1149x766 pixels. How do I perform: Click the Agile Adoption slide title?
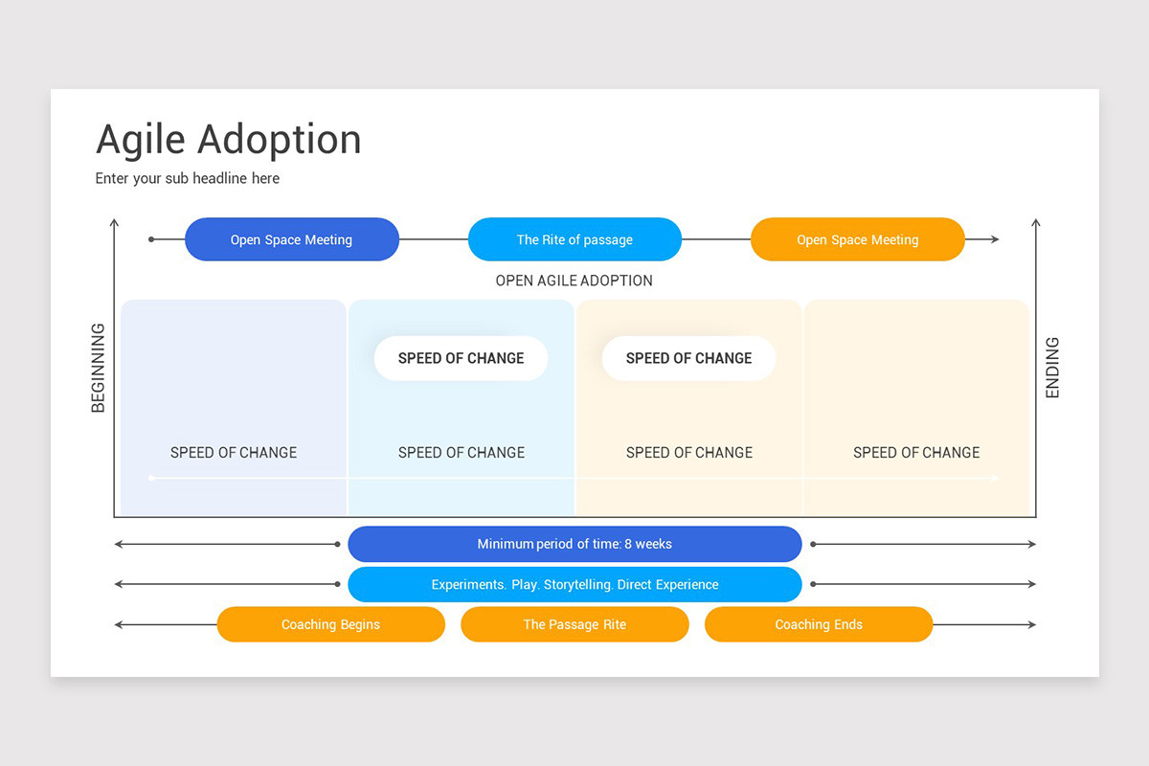coord(229,140)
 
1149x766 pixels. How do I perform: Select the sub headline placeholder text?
coord(188,178)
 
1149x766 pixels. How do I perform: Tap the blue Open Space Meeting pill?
coord(291,239)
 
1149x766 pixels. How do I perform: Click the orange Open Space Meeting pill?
coord(857,239)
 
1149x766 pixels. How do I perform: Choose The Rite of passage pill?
coord(574,239)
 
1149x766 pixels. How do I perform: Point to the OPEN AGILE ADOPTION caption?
coord(574,281)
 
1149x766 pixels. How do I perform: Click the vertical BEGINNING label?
coord(98,368)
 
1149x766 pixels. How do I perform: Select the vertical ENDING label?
coord(1052,368)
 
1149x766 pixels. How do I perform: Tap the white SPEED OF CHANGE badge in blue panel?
coord(461,358)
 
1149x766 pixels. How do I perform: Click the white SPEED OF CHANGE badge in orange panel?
coord(688,358)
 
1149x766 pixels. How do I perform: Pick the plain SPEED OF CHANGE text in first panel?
coord(234,452)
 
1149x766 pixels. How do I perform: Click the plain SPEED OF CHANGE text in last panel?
coord(916,452)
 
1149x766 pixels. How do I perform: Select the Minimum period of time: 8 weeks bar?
coord(574,544)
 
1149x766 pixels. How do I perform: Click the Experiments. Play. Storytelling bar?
coord(574,584)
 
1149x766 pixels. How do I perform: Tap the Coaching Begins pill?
coord(330,624)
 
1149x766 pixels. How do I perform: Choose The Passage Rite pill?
coord(574,624)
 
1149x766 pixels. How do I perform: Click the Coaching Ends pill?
coord(819,624)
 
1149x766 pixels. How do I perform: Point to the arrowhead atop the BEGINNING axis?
coord(115,223)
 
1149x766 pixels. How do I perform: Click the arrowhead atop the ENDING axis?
coord(1035,223)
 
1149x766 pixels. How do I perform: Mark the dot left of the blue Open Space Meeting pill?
coord(151,239)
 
